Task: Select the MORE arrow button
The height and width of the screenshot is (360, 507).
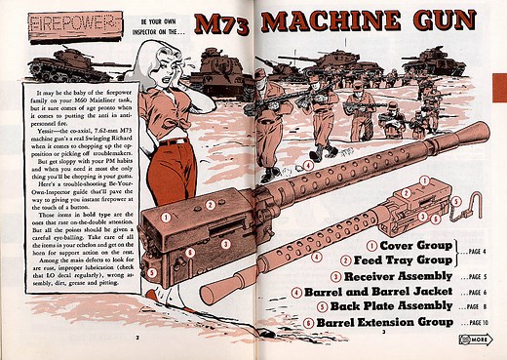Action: coord(475,340)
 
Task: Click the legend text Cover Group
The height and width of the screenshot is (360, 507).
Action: coord(408,245)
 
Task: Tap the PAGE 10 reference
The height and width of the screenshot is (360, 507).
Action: coord(473,322)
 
